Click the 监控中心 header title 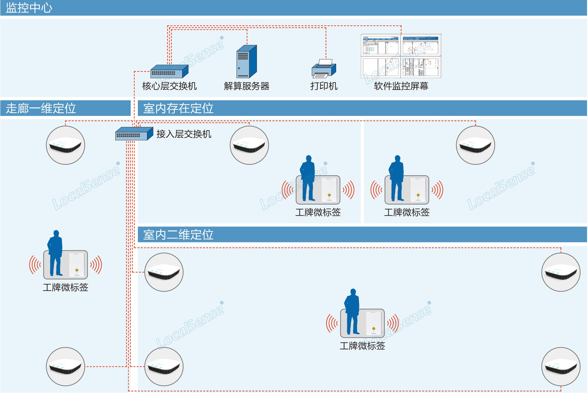[x=29, y=8]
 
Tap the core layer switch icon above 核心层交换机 [x=169, y=71]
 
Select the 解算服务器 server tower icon [x=246, y=61]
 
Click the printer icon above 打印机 [x=323, y=69]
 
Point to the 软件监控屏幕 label [x=401, y=86]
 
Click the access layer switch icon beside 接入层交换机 [x=134, y=134]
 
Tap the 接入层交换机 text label [x=184, y=134]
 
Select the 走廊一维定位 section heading [x=41, y=108]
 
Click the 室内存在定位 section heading [x=178, y=108]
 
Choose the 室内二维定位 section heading [x=178, y=235]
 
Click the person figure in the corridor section [x=55, y=253]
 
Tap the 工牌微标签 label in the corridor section [x=65, y=287]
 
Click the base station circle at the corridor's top [x=65, y=145]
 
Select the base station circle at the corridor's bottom [x=65, y=367]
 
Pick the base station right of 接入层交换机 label [x=249, y=145]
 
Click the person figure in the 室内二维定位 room [x=352, y=311]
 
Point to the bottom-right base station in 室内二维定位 [x=561, y=367]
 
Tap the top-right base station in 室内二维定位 [x=561, y=272]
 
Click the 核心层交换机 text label [x=169, y=86]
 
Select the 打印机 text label [x=324, y=86]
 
